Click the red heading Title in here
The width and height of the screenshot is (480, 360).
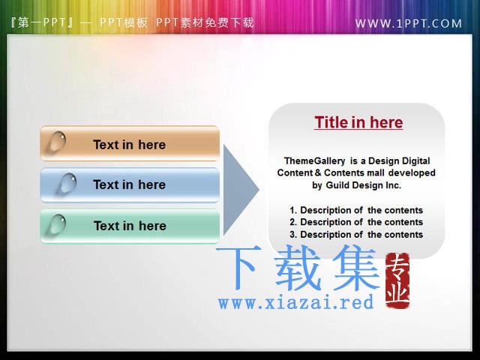coord(358,122)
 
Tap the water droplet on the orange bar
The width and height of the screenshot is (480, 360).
coord(57,142)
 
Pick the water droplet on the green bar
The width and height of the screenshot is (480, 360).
coord(58,224)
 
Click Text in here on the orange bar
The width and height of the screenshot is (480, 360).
coord(130,145)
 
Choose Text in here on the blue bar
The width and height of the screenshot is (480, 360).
coord(130,184)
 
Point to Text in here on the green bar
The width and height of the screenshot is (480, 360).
coord(130,226)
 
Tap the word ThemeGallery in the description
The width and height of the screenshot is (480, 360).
coord(314,161)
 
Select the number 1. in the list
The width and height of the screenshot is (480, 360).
coord(293,210)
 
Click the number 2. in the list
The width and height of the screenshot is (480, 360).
coord(293,222)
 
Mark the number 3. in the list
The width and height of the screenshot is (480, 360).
coord(293,235)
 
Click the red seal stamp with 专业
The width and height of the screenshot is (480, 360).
coord(397,280)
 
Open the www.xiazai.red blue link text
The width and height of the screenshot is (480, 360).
coord(295,301)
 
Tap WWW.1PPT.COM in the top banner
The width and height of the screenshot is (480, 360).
coord(408,23)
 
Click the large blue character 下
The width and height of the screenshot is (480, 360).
coord(239,267)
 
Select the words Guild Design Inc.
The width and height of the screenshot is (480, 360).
coord(363,185)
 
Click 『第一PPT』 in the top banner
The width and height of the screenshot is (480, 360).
coord(42,22)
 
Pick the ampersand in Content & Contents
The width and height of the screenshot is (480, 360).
coord(318,173)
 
